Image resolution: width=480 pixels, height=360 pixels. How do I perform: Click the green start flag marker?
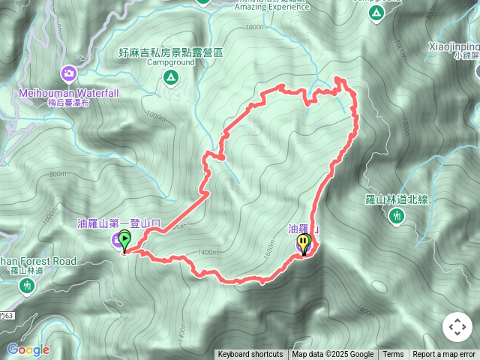click(x=124, y=241)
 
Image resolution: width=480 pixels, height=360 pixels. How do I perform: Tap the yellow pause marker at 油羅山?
click(x=304, y=243)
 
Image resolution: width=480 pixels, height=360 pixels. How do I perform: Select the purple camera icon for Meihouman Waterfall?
click(x=69, y=73)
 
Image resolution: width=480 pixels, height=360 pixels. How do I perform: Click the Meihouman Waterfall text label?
click(x=69, y=92)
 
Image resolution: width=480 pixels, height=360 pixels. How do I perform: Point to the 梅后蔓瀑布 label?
click(x=69, y=103)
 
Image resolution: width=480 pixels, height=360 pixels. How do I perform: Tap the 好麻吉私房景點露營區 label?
click(x=171, y=52)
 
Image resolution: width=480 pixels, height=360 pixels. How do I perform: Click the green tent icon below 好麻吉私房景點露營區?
click(x=171, y=76)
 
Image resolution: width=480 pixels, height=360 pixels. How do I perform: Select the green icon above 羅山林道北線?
click(x=397, y=216)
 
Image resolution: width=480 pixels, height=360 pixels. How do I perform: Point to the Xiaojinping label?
click(x=453, y=46)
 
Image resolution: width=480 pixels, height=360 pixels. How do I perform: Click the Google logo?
click(x=28, y=349)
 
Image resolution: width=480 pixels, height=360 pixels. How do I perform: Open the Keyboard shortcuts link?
click(x=250, y=355)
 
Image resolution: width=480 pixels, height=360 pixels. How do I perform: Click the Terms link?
click(x=393, y=355)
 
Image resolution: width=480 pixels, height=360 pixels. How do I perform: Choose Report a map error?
click(x=444, y=355)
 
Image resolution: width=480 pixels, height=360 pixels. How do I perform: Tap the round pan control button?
click(x=457, y=327)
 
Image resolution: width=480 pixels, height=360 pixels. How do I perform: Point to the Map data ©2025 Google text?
click(x=333, y=355)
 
